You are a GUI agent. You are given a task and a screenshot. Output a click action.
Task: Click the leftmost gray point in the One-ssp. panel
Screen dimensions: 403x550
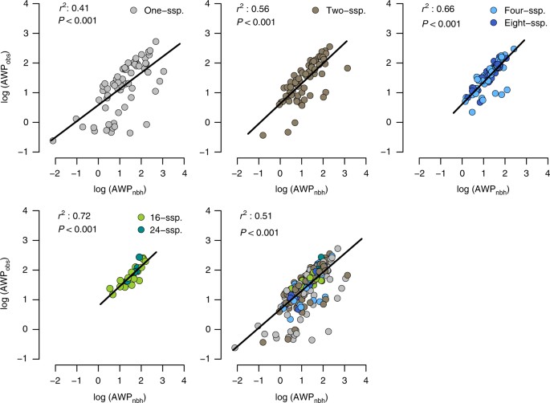click(x=54, y=140)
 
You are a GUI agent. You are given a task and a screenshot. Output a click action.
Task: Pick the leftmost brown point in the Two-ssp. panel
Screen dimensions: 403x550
click(x=263, y=136)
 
